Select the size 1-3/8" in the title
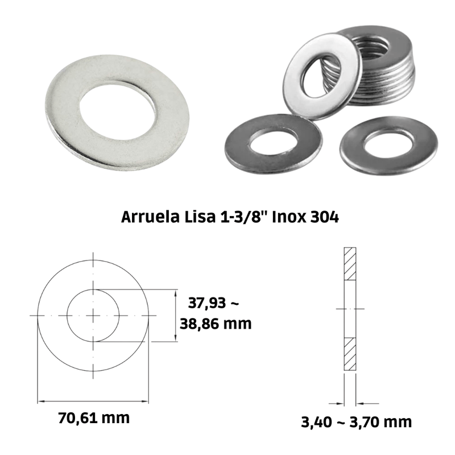coord(243,217)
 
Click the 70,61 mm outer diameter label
coord(94,419)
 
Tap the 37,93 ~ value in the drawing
coord(214,303)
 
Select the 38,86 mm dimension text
coord(216,324)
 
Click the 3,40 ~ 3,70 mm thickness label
coord(357,422)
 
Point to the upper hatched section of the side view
coord(350,264)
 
